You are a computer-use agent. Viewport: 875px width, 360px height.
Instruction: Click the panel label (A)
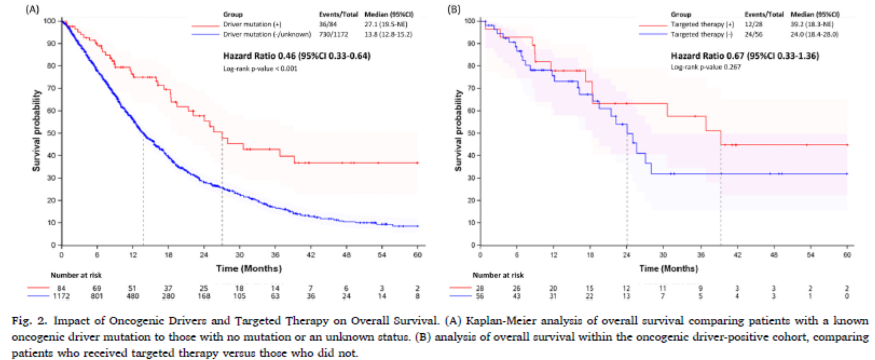32,9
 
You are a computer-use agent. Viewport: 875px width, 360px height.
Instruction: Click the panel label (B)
454,9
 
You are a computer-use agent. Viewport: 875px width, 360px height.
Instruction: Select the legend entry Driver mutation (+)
252,24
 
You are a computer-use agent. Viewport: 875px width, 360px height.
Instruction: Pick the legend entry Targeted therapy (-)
701,35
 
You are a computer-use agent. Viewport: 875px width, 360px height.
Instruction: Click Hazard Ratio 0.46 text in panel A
297,56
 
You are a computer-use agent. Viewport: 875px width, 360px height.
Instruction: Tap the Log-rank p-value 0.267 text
705,67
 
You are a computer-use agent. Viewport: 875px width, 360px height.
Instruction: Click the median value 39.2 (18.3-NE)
812,24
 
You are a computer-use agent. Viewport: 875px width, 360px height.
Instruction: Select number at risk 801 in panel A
97,296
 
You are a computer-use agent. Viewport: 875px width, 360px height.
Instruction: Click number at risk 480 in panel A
133,296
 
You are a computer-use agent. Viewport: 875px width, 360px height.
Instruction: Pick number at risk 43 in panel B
516,296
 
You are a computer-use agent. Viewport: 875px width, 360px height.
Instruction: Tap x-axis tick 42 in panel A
311,255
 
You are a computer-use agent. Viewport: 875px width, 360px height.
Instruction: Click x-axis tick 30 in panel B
663,255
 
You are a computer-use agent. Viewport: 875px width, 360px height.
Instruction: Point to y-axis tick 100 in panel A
49,21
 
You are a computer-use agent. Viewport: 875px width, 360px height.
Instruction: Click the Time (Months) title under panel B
668,269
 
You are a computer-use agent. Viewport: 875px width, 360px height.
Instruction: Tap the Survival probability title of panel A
36,131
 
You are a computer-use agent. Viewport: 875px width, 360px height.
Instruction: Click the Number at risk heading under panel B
498,276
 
